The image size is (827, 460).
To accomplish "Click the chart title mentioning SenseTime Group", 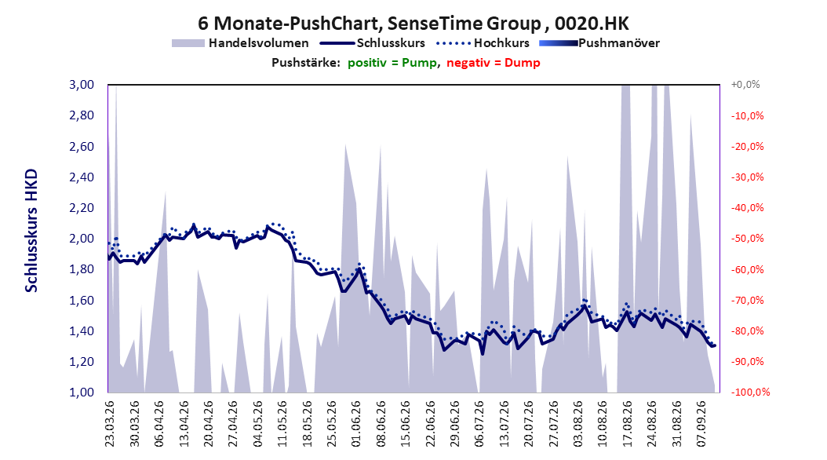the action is click(413, 24).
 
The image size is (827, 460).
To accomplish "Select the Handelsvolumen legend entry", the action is click(240, 43).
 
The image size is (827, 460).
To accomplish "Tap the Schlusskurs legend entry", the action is click(373, 43).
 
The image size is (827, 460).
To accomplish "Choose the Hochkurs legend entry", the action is click(483, 43).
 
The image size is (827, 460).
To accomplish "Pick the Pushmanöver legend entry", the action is click(599, 43).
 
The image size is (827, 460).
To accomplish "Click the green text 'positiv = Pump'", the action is click(392, 63).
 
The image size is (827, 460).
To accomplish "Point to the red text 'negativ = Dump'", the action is click(494, 63).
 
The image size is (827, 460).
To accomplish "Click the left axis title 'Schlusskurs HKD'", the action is click(31, 231).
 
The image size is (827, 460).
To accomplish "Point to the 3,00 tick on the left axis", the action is click(82, 85).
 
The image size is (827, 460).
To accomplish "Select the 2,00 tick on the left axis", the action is click(82, 239).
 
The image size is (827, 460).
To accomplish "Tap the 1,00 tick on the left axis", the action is click(82, 392).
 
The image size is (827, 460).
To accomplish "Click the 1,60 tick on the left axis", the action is click(82, 300).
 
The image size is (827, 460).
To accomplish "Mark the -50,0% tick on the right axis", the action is click(747, 239).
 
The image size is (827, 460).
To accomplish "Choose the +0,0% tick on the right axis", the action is click(745, 85).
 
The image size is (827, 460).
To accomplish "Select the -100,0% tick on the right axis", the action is click(750, 392).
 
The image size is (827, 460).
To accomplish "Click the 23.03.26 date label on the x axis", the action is click(110, 424).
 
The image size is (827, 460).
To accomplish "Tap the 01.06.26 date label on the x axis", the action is click(356, 424).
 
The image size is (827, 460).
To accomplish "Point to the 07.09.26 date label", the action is click(701, 424).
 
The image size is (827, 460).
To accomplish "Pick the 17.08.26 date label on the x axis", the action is click(627, 424).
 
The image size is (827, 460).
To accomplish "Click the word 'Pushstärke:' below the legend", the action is click(306, 63).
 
